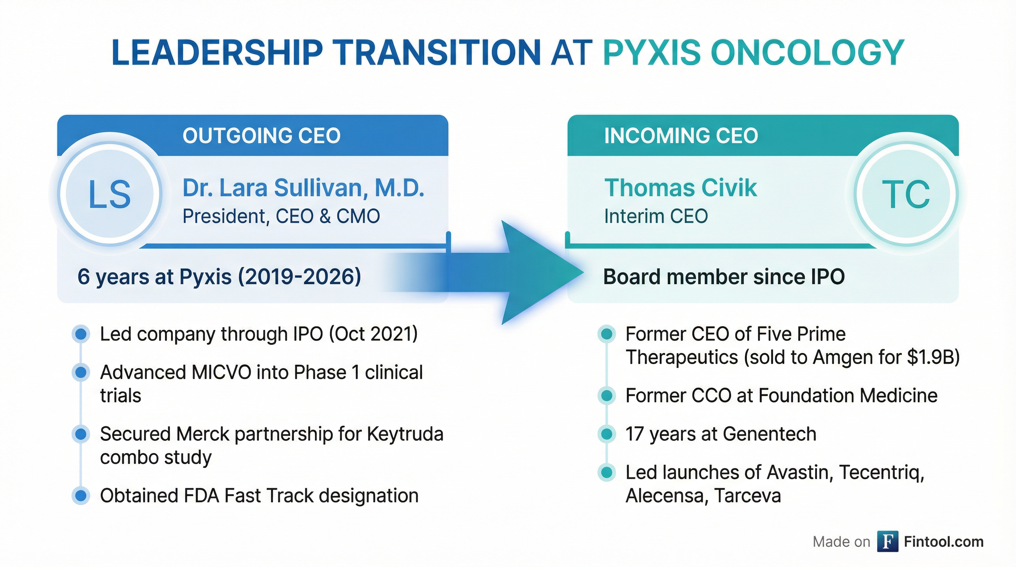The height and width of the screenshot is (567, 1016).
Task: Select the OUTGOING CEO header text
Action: pos(261,135)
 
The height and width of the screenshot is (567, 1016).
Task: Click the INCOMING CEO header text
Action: pos(681,135)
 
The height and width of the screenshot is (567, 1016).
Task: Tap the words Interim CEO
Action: pos(656,216)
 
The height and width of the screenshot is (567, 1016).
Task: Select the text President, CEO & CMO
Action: pos(281,216)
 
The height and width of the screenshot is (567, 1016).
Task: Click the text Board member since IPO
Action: pos(724,277)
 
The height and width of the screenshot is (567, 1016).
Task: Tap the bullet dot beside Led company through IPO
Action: pos(81,334)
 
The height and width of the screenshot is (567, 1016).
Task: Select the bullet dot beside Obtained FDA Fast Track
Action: pos(81,496)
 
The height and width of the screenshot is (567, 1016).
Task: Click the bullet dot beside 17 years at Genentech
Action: pos(607,434)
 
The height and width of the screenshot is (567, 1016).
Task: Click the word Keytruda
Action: pos(405,434)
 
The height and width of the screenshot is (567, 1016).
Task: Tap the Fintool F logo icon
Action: pos(888,542)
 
